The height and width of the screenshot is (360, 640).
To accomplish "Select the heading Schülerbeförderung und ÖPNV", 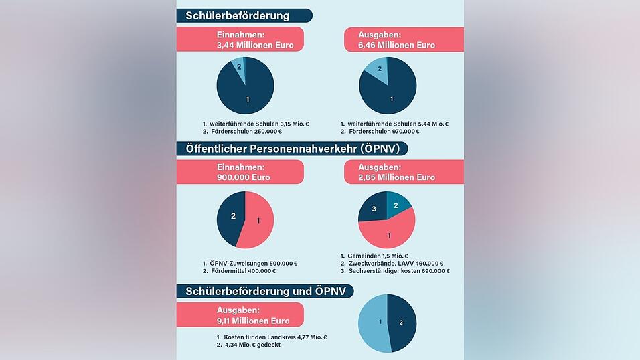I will click(264, 291).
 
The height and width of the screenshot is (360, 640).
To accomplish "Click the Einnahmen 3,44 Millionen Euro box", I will click(240, 39).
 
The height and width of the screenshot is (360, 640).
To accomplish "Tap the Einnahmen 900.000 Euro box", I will click(240, 172).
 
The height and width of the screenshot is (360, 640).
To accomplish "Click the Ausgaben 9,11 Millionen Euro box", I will click(240, 314).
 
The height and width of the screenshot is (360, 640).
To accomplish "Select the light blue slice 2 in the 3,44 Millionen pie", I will click(238, 67).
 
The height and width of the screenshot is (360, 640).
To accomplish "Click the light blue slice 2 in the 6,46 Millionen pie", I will click(377, 70).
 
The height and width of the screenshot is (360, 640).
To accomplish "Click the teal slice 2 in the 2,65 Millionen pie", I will click(398, 204).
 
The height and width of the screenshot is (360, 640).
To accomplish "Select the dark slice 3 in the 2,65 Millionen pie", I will click(374, 209).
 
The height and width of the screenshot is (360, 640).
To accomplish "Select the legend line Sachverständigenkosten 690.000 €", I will click(394, 271).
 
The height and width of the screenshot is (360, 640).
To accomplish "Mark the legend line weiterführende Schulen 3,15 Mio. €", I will click(255, 124).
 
